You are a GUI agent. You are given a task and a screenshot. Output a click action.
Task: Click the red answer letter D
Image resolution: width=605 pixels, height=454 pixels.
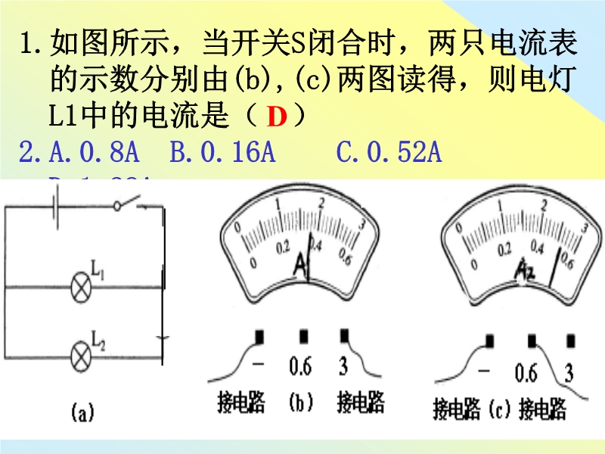278,117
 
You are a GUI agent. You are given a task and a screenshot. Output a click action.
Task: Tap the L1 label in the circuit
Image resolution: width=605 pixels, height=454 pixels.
98,269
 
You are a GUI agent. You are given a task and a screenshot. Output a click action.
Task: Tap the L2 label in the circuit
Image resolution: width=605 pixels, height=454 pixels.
98,336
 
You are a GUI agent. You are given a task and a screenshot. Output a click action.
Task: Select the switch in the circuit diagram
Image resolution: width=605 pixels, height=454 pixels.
131,204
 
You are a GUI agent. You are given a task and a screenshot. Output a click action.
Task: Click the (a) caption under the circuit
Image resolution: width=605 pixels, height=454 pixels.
82,413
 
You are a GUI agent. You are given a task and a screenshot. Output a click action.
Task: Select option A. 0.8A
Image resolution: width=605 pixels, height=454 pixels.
94,154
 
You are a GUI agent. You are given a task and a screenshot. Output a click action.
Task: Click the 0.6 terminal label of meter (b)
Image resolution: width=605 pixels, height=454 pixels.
300,368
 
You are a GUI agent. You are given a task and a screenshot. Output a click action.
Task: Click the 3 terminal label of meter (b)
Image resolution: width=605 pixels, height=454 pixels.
343,368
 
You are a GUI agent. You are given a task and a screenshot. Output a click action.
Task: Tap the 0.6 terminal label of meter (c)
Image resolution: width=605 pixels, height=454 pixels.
526,373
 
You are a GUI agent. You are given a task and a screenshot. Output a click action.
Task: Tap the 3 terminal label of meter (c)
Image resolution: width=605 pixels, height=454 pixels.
568,373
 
